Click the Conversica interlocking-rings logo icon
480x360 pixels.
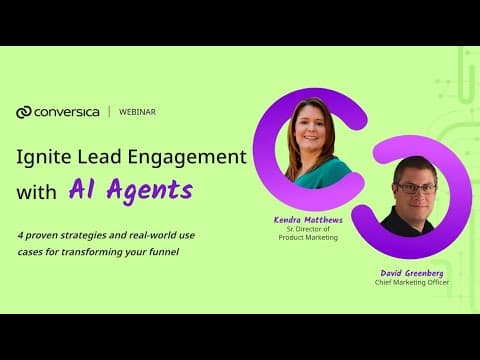tap(24, 112)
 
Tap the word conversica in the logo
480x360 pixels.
tap(67, 112)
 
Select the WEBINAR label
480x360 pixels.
tap(137, 112)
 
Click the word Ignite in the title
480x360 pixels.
tap(44, 157)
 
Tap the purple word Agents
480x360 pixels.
tap(150, 191)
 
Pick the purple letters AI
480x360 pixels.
tap(81, 188)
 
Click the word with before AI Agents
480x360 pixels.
tap(36, 192)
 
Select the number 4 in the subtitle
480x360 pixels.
tap(20, 235)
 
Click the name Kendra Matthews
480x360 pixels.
tap(308, 220)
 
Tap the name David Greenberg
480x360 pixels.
tap(412, 274)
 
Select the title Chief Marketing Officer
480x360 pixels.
tap(412, 283)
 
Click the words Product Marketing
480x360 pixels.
tap(308, 238)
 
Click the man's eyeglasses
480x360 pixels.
tap(417, 189)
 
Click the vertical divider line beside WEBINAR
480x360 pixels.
tap(109, 112)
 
